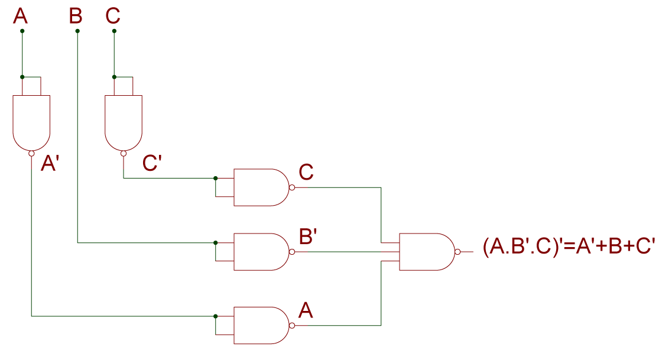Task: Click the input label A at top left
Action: tap(20, 16)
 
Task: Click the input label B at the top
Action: tap(76, 16)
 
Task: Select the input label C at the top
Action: tap(113, 16)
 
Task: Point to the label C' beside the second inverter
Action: tap(152, 164)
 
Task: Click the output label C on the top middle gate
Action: tap(306, 172)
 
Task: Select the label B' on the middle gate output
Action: tap(308, 236)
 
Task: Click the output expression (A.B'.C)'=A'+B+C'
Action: tap(569, 247)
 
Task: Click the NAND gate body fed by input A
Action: tap(31, 121)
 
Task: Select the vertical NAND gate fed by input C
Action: tap(124, 121)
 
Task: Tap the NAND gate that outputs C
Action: tap(260, 187)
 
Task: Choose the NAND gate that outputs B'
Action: tap(260, 252)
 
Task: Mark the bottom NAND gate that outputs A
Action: tap(260, 325)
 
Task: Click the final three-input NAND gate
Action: tap(426, 252)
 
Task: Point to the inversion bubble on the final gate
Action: tap(457, 252)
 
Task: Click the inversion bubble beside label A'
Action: tap(31, 154)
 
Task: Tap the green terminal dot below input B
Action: tap(77, 31)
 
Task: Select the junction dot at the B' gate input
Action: tap(216, 242)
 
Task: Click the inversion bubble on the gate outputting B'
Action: tap(292, 252)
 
